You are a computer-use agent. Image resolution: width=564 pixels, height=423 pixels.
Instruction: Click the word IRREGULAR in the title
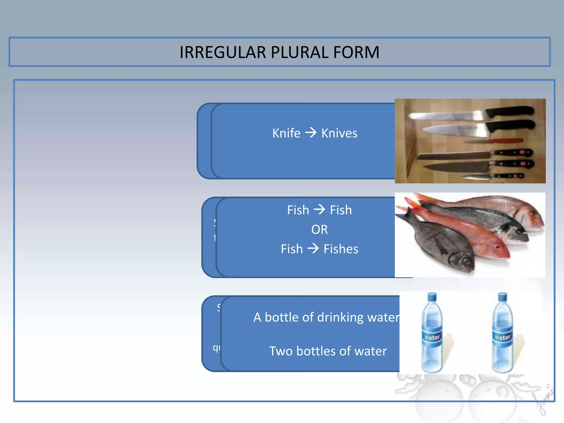[223, 52]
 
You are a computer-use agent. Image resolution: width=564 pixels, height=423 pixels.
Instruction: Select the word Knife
[286, 133]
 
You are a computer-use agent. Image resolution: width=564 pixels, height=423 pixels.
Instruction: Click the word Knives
[339, 133]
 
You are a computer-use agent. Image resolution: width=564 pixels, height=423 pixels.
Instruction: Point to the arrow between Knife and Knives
[311, 133]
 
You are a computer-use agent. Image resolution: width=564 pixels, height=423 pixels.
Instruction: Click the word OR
[319, 229]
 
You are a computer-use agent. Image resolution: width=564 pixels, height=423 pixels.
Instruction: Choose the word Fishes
[341, 249]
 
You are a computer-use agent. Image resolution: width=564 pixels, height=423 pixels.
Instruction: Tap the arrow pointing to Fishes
[313, 249]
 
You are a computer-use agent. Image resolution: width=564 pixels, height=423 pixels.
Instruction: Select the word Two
[281, 351]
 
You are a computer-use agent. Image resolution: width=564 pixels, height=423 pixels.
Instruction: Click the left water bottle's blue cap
[432, 297]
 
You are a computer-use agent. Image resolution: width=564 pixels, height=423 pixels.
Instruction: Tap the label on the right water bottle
[503, 337]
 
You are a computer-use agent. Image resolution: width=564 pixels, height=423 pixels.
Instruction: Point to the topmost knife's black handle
[509, 111]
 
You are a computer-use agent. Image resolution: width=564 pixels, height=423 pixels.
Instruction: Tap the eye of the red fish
[497, 246]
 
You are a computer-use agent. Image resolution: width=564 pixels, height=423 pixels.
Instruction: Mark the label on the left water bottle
[432, 337]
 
